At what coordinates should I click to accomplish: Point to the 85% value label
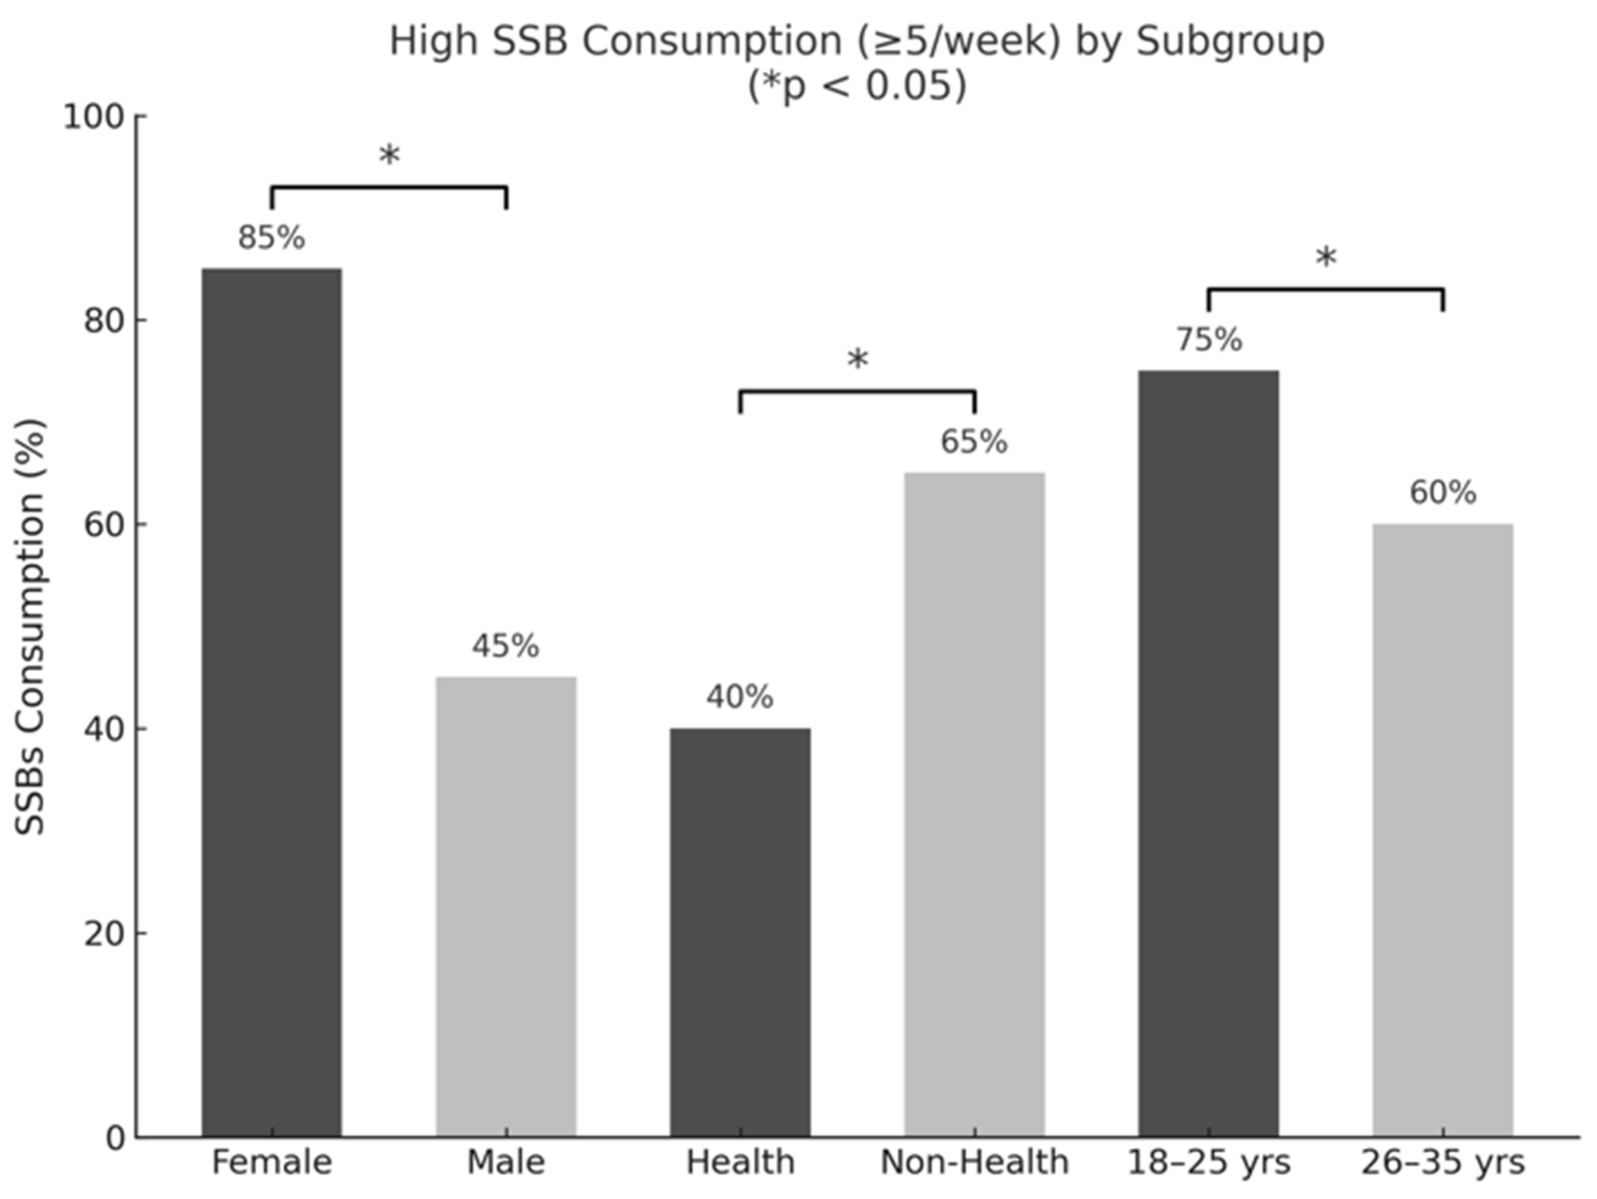272,238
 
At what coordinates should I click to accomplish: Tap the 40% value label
740,697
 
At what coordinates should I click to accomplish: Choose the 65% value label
974,442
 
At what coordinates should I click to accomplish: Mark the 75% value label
1209,340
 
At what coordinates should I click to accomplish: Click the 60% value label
1443,493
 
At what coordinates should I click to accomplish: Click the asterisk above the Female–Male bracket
389,155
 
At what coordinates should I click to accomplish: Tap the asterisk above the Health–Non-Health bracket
858,359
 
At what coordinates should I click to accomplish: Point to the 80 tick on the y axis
105,320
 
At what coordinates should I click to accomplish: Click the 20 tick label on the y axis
105,933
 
